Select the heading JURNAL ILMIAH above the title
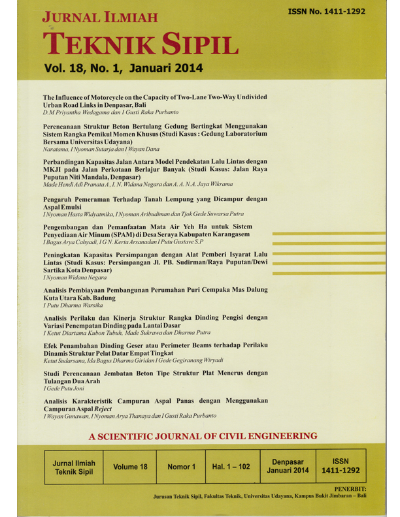pyautogui.click(x=99, y=16)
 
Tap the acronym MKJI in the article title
pyautogui.click(x=54, y=168)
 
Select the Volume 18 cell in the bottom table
pyautogui.click(x=130, y=467)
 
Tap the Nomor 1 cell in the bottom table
pyautogui.click(x=181, y=467)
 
